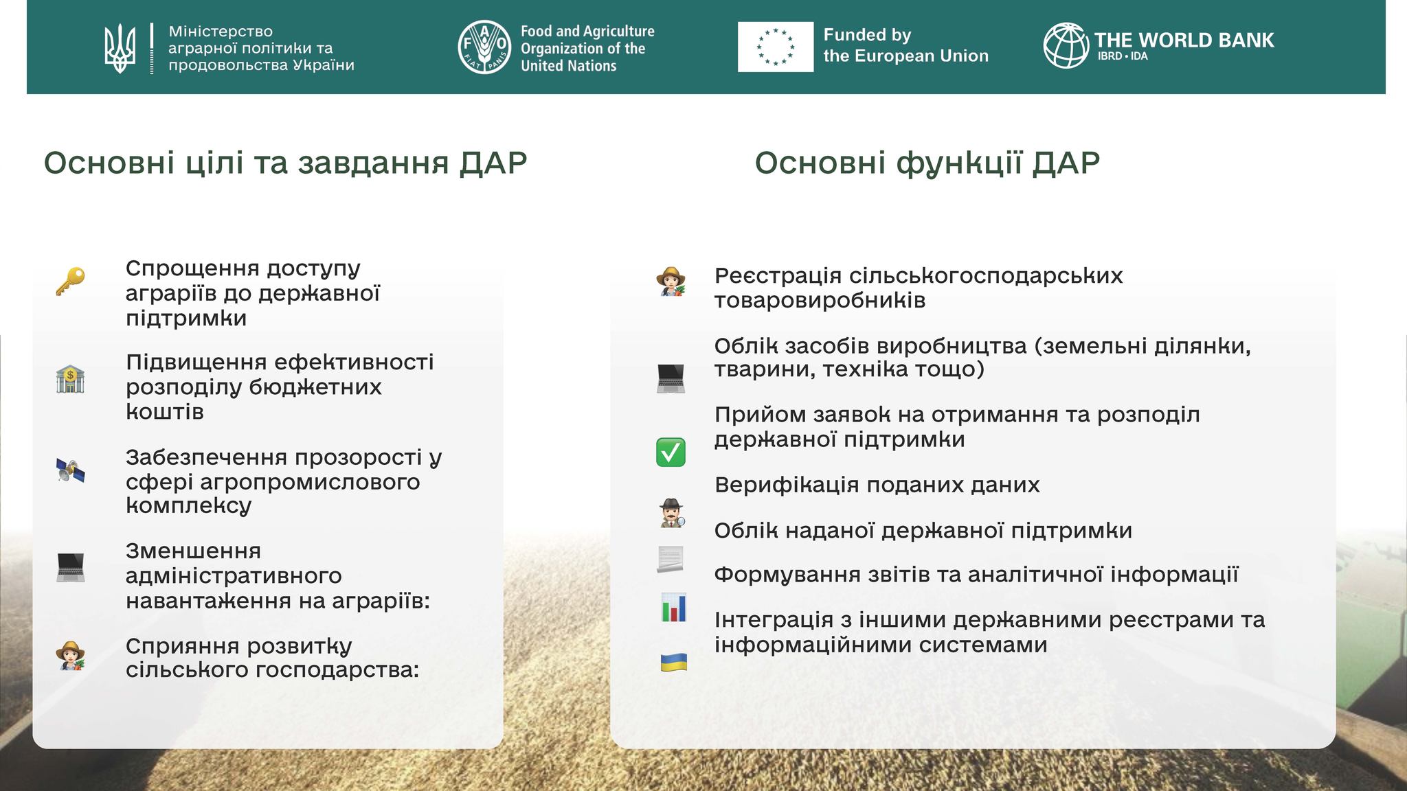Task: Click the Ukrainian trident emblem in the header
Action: pos(120,49)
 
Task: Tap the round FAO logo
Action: pos(484,47)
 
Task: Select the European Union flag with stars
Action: pos(776,47)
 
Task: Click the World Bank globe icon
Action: pos(1066,46)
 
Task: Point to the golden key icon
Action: pos(70,282)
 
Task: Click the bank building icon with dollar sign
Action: pos(70,379)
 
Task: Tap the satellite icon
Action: pos(70,470)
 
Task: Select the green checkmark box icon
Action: pos(671,452)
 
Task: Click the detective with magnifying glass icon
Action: pos(671,513)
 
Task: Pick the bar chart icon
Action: pos(673,608)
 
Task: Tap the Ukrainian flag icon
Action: pos(674,663)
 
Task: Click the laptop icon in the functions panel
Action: pos(671,378)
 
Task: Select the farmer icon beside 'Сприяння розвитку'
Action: pos(70,656)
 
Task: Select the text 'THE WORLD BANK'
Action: pos(1184,40)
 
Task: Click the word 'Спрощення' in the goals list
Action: pos(192,269)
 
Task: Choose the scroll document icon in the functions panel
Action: pos(671,559)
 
